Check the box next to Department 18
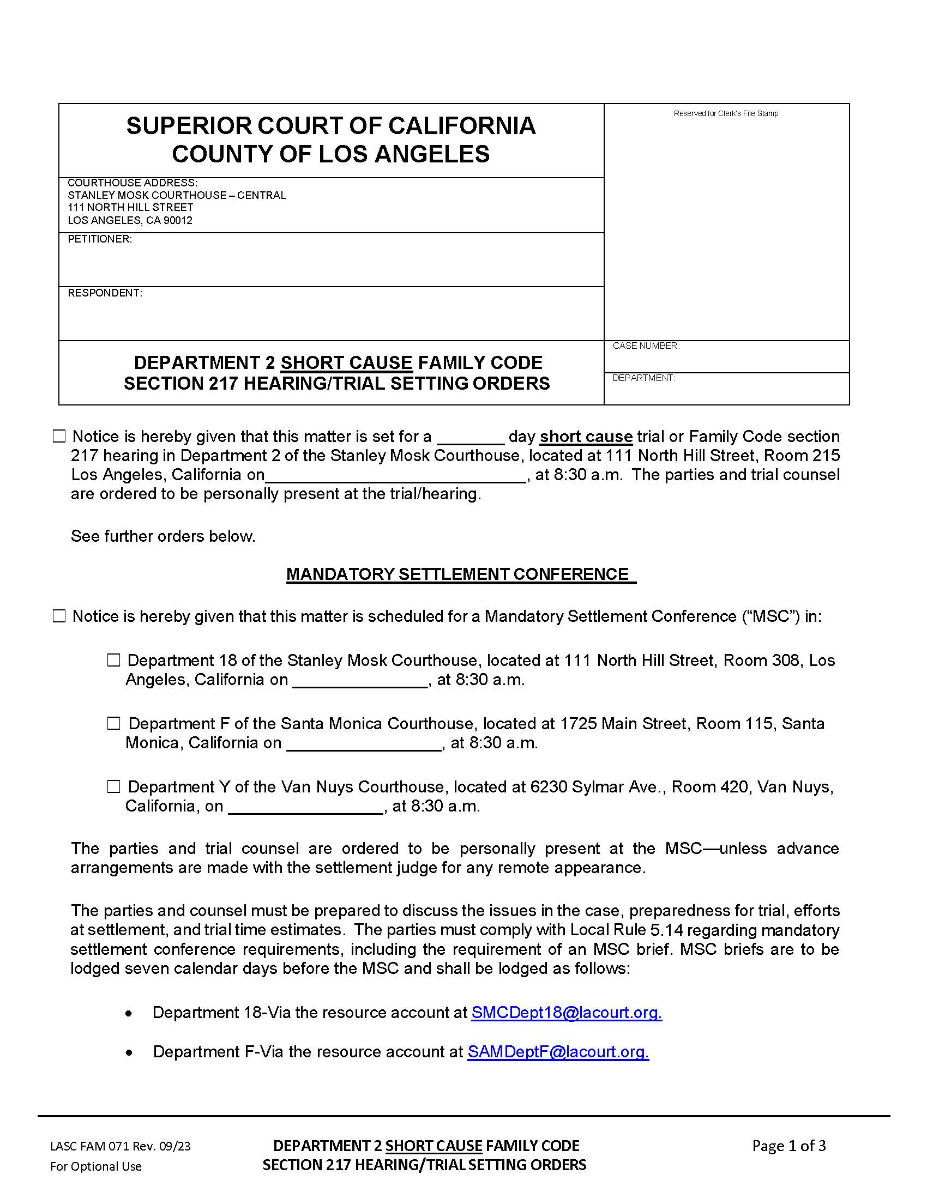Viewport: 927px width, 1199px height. coord(113,661)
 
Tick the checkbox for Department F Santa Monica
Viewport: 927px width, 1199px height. coord(113,724)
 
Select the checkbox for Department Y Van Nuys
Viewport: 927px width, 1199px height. coord(113,786)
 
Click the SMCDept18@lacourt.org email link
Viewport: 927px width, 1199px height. coord(566,1013)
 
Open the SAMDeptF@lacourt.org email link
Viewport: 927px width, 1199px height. coord(558,1051)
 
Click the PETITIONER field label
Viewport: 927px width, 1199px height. coord(99,239)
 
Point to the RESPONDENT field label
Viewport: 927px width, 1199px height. coord(104,293)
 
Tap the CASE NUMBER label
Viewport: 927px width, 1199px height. coord(646,346)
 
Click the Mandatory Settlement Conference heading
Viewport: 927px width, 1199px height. coord(460,574)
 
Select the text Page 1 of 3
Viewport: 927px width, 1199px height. coord(788,1146)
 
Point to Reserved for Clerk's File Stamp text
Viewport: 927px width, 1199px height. coord(725,114)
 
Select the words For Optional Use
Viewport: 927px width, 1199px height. coord(95,1167)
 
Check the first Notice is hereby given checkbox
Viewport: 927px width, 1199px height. coord(59,437)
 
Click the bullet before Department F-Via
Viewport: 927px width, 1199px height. coord(129,1052)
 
